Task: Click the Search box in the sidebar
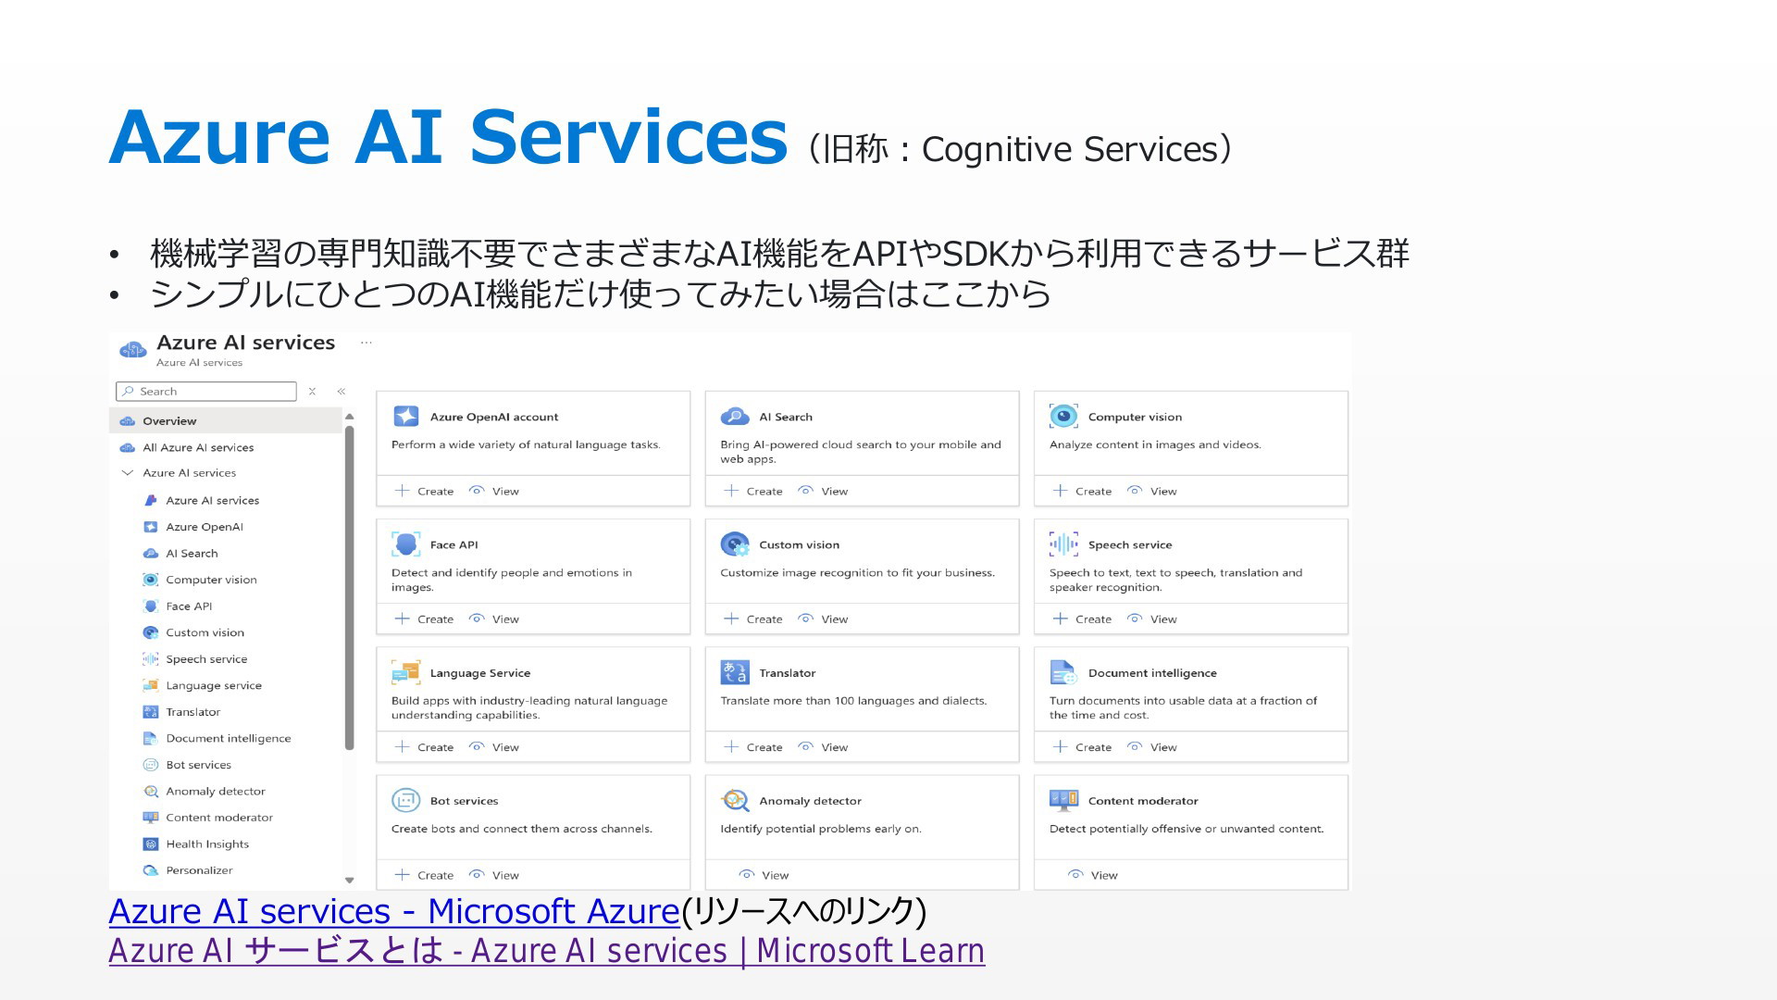(x=206, y=392)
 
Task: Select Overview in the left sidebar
(x=169, y=421)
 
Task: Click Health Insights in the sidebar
(x=207, y=844)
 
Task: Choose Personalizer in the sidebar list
(x=199, y=870)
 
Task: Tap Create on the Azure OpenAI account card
(x=425, y=491)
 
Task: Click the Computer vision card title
(x=1135, y=417)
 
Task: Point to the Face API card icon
(x=405, y=544)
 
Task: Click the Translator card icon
(x=735, y=672)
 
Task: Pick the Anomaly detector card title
(x=810, y=801)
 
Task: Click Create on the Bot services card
(x=425, y=875)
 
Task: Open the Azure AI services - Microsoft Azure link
(x=394, y=911)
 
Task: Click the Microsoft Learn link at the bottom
(x=547, y=951)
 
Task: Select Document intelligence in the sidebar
(x=228, y=739)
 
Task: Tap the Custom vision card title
(x=799, y=544)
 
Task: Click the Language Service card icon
(x=405, y=672)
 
